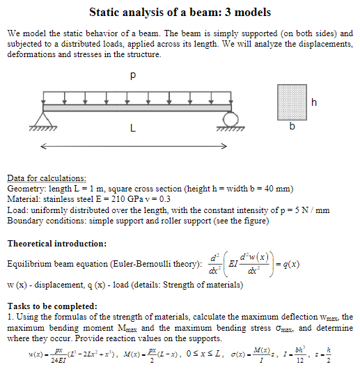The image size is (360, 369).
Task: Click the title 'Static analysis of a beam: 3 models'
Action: click(180, 13)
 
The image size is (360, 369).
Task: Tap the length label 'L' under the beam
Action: click(132, 129)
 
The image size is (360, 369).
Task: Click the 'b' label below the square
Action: click(292, 127)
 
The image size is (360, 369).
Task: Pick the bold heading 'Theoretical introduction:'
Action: click(56, 244)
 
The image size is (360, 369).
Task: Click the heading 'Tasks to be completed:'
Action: click(52, 306)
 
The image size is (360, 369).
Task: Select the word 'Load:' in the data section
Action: click(18, 210)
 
